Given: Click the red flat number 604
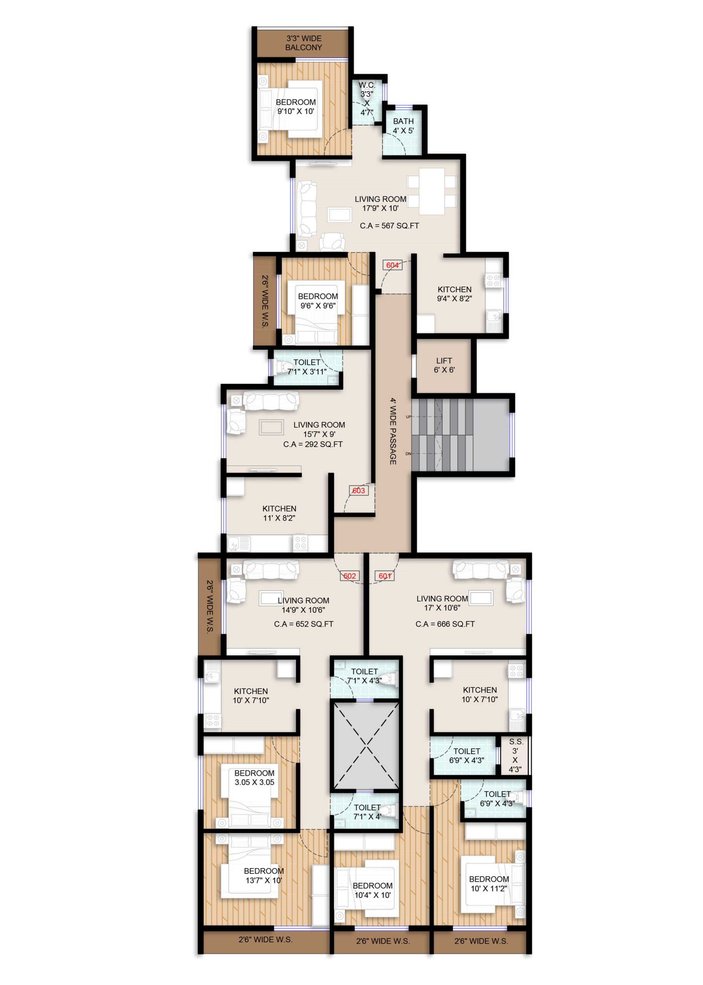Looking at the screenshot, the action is click(x=392, y=265).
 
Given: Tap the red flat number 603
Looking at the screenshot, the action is click(x=359, y=491).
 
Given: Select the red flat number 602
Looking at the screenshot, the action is click(x=349, y=576).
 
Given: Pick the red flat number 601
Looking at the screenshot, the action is click(x=385, y=576).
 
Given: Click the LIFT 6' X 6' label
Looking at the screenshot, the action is click(x=444, y=365).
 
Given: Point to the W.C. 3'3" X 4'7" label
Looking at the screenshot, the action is click(x=367, y=98).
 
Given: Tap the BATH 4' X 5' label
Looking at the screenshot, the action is click(x=403, y=126).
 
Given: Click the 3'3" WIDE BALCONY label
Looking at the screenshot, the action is click(x=304, y=43).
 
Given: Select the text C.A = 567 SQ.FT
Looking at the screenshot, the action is click(x=389, y=225).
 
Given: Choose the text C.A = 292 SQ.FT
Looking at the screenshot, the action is click(x=313, y=444).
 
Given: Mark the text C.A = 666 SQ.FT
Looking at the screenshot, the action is click(x=445, y=624).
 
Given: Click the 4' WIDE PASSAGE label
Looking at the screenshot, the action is click(x=392, y=431).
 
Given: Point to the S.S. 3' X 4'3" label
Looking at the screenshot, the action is click(x=515, y=755).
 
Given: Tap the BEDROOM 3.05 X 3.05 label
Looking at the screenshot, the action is click(x=255, y=777).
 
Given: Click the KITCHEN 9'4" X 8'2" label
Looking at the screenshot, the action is click(x=454, y=294).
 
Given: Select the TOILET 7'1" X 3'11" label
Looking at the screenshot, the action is click(x=307, y=367).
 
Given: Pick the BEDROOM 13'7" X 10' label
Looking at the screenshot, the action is click(x=264, y=875).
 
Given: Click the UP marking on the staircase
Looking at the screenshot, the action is click(x=408, y=417).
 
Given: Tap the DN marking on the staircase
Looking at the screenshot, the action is click(x=408, y=454).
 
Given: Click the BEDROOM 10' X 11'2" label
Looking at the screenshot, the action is click(x=489, y=884).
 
